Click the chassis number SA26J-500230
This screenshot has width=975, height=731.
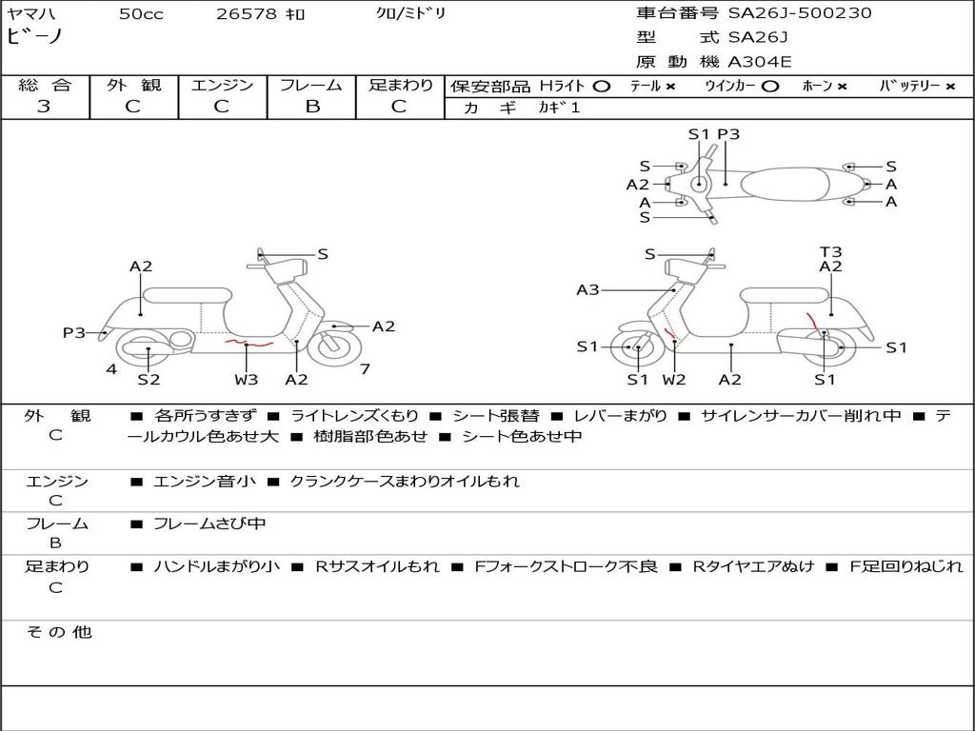click(x=800, y=13)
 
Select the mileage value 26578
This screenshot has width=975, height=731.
click(x=247, y=14)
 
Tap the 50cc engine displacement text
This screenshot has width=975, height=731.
click(x=141, y=14)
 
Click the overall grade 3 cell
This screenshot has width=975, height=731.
click(x=44, y=106)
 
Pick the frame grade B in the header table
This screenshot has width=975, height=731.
click(x=312, y=106)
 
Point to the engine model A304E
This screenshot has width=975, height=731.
click(x=759, y=63)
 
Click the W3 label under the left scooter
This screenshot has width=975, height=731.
click(x=247, y=379)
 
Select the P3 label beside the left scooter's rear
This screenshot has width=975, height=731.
click(x=74, y=332)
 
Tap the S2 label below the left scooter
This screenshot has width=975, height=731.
click(x=149, y=379)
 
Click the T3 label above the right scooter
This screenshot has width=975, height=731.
click(x=830, y=252)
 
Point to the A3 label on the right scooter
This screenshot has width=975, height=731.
click(x=587, y=289)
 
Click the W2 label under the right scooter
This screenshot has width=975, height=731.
click(x=674, y=379)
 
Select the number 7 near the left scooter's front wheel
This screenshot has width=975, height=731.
click(x=365, y=368)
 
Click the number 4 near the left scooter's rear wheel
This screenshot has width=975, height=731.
click(x=111, y=368)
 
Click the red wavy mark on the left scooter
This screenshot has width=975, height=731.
click(x=248, y=341)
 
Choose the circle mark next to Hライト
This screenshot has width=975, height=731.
click(x=601, y=86)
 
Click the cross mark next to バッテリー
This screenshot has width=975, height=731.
click(x=950, y=86)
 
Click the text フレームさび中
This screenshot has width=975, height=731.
click(x=209, y=524)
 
